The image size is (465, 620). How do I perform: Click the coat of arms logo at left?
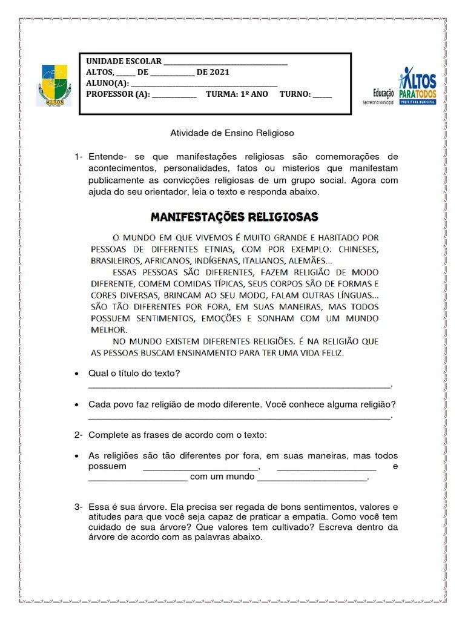55,85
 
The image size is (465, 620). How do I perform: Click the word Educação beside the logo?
383,93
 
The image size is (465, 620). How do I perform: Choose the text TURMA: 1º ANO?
237,94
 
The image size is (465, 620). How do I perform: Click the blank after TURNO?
322,96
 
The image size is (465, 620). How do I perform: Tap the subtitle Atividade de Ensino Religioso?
232,133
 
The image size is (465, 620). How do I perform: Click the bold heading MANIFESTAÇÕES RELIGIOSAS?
234,217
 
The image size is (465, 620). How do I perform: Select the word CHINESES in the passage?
358,249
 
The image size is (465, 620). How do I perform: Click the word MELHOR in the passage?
109,330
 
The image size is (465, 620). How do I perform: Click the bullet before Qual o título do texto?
76,374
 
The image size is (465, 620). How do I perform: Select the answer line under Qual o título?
240,386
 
